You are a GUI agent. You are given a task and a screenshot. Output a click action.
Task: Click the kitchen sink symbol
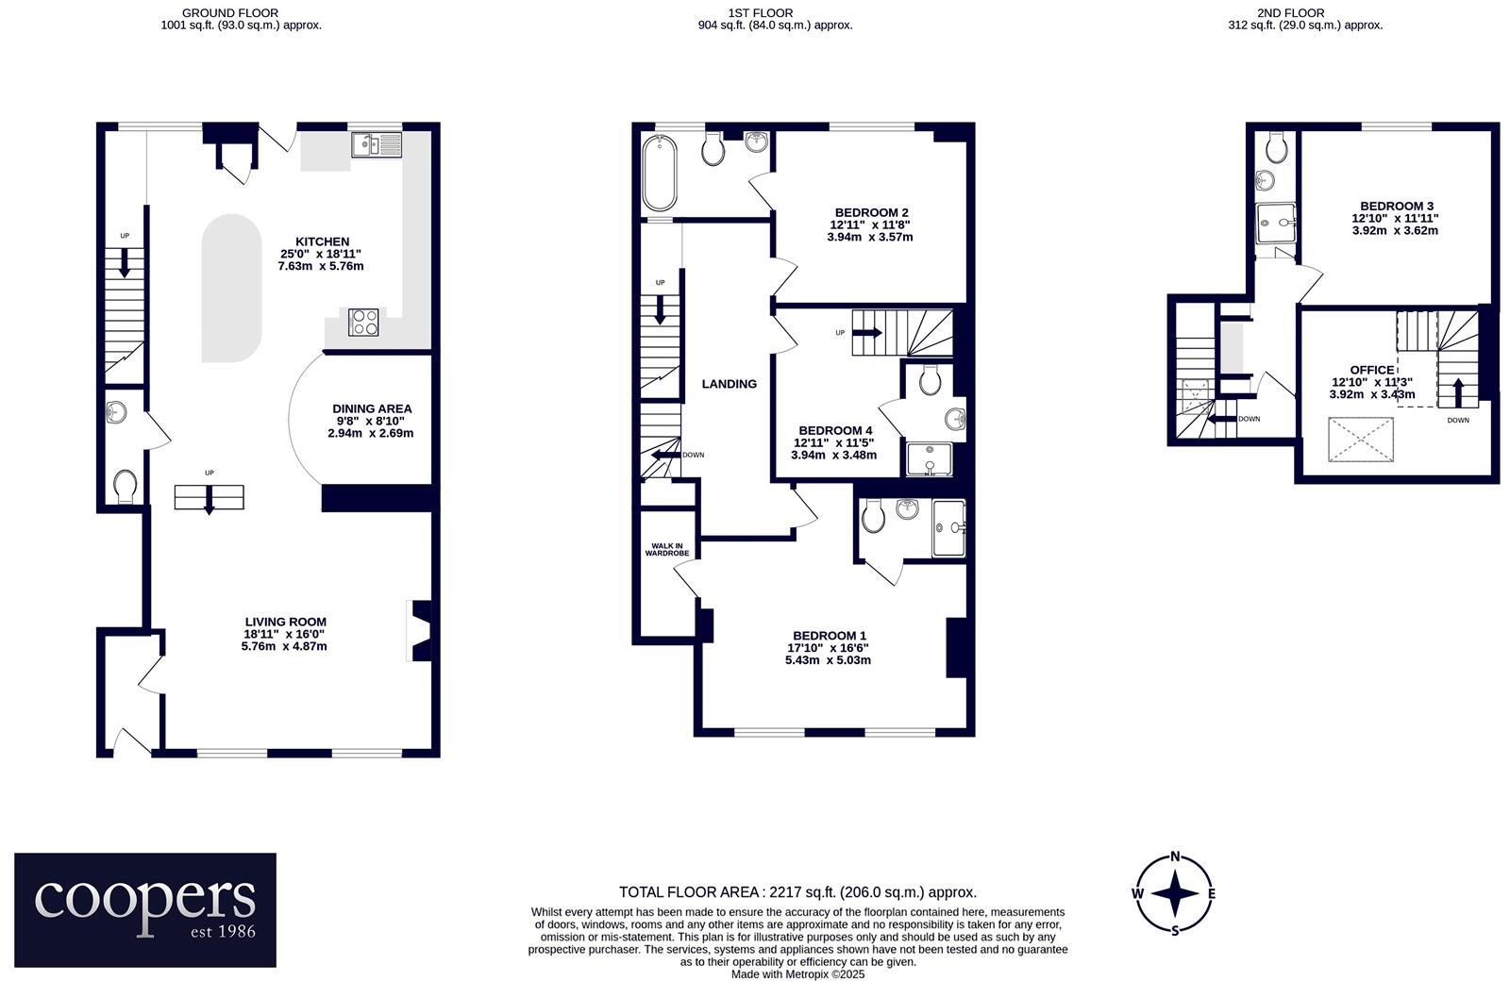(x=376, y=144)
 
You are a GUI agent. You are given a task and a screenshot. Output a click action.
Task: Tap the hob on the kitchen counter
(x=364, y=323)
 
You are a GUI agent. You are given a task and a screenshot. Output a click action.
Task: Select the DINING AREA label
(x=372, y=408)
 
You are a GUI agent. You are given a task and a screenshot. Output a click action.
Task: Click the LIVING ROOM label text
(x=285, y=622)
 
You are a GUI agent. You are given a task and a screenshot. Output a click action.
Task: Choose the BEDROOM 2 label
(x=871, y=212)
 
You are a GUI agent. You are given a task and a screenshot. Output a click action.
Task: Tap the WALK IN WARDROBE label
(x=667, y=549)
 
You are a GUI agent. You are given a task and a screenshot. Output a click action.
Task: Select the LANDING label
(x=729, y=384)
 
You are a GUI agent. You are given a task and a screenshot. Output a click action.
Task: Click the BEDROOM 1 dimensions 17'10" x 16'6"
(x=828, y=648)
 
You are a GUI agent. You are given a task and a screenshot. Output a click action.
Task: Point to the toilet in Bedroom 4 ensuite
(x=929, y=380)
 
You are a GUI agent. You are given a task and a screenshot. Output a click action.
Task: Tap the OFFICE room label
(x=1371, y=370)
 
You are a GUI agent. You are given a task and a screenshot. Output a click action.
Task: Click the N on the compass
(x=1175, y=856)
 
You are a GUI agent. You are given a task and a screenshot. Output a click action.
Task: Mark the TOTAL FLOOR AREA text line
(x=797, y=891)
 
